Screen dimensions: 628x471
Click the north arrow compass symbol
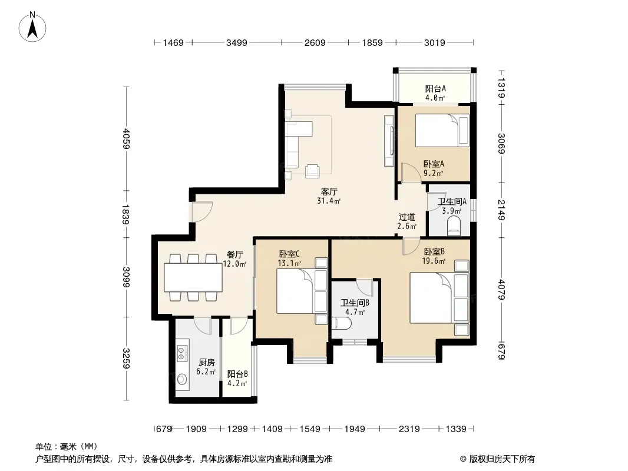pyautogui.click(x=32, y=27)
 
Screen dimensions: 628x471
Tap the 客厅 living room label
pyautogui.click(x=329, y=192)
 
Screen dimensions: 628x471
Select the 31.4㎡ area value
pyautogui.click(x=329, y=201)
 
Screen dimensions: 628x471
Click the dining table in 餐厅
pyautogui.click(x=193, y=277)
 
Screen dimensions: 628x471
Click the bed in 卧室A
pyautogui.click(x=442, y=131)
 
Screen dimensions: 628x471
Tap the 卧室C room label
pyautogui.click(x=289, y=254)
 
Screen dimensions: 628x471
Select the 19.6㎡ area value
pyautogui.click(x=434, y=261)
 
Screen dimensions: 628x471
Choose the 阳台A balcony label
pyautogui.click(x=435, y=88)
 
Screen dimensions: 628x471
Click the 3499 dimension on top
pyautogui.click(x=237, y=42)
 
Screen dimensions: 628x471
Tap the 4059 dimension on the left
pyautogui.click(x=127, y=138)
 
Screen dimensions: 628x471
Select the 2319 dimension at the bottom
pyautogui.click(x=409, y=429)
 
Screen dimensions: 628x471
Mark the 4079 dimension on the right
pyautogui.click(x=501, y=289)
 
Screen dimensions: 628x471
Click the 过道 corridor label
pyautogui.click(x=406, y=217)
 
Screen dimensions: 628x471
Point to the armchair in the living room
pyautogui.click(x=312, y=171)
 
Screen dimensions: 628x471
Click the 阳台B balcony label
pyautogui.click(x=237, y=374)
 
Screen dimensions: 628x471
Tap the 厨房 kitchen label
pyautogui.click(x=207, y=363)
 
